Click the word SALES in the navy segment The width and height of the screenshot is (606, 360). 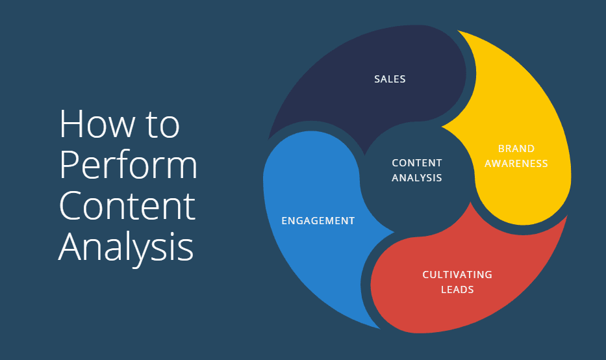pyautogui.click(x=390, y=79)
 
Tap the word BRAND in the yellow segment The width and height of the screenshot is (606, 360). pyautogui.click(x=516, y=149)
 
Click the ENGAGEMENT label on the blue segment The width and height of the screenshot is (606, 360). pyautogui.click(x=318, y=221)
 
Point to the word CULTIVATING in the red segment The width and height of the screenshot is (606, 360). pyautogui.click(x=457, y=274)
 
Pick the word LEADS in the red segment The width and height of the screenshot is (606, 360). pyautogui.click(x=457, y=289)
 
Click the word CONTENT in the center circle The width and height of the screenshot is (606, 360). pyautogui.click(x=417, y=163)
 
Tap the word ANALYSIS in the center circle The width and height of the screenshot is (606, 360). pyautogui.click(x=417, y=177)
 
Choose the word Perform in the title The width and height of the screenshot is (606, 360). pyautogui.click(x=128, y=166)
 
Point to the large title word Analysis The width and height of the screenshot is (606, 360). pyautogui.click(x=126, y=247)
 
